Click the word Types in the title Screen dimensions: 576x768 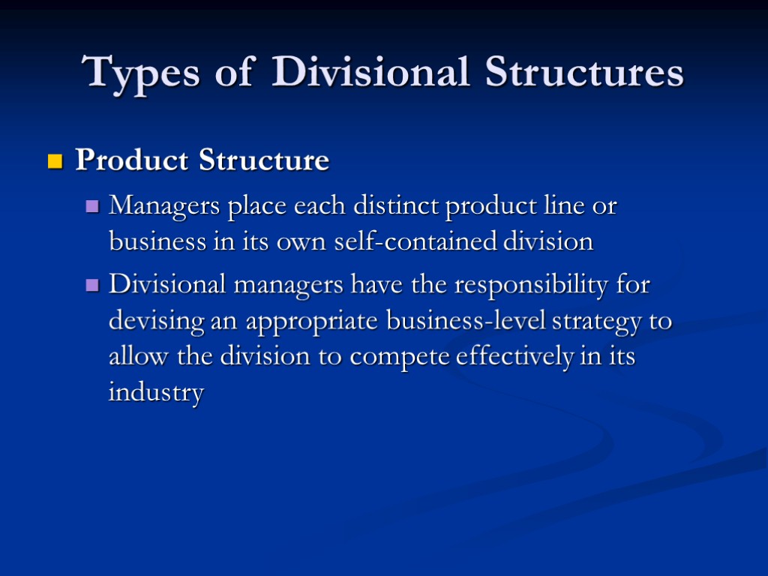tap(142, 73)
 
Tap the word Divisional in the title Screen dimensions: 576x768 tap(372, 73)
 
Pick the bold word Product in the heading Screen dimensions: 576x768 tap(132, 160)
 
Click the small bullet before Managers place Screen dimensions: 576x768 tap(92, 206)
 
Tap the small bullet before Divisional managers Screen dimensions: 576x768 tap(92, 286)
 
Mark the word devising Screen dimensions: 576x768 tap(155, 322)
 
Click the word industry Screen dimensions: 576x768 tap(156, 393)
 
